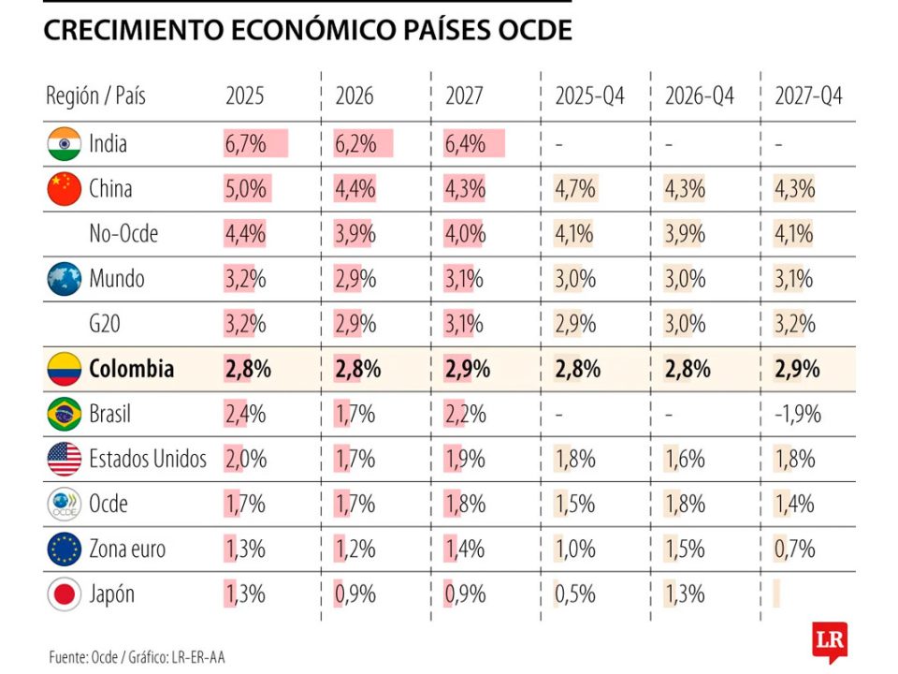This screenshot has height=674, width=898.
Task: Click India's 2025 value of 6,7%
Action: click(245, 144)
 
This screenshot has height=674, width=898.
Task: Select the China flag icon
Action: click(64, 189)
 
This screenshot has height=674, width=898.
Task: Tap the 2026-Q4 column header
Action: click(699, 95)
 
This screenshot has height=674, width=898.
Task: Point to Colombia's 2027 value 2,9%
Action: click(467, 369)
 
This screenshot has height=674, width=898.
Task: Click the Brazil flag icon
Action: click(64, 414)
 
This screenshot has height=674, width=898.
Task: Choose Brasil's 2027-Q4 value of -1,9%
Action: click(797, 414)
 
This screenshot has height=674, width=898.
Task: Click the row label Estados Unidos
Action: click(148, 459)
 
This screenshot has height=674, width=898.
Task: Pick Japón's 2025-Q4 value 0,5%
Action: click(574, 593)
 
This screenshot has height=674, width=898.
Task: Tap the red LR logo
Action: click(831, 642)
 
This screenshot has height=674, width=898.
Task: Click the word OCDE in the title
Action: click(528, 30)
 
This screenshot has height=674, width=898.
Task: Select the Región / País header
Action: click(95, 95)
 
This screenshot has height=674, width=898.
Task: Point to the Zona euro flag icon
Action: click(64, 549)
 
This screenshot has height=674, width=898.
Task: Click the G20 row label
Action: click(105, 324)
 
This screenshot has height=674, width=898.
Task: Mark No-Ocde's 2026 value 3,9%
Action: click(355, 234)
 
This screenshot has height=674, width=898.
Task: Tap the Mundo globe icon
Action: click(64, 279)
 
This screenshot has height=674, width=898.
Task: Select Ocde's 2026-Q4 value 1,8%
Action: click(685, 504)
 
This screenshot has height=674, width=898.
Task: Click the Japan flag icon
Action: click(64, 593)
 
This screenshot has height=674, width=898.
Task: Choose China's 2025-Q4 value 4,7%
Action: click(574, 189)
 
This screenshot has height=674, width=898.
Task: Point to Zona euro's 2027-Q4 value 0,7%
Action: click(795, 549)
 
